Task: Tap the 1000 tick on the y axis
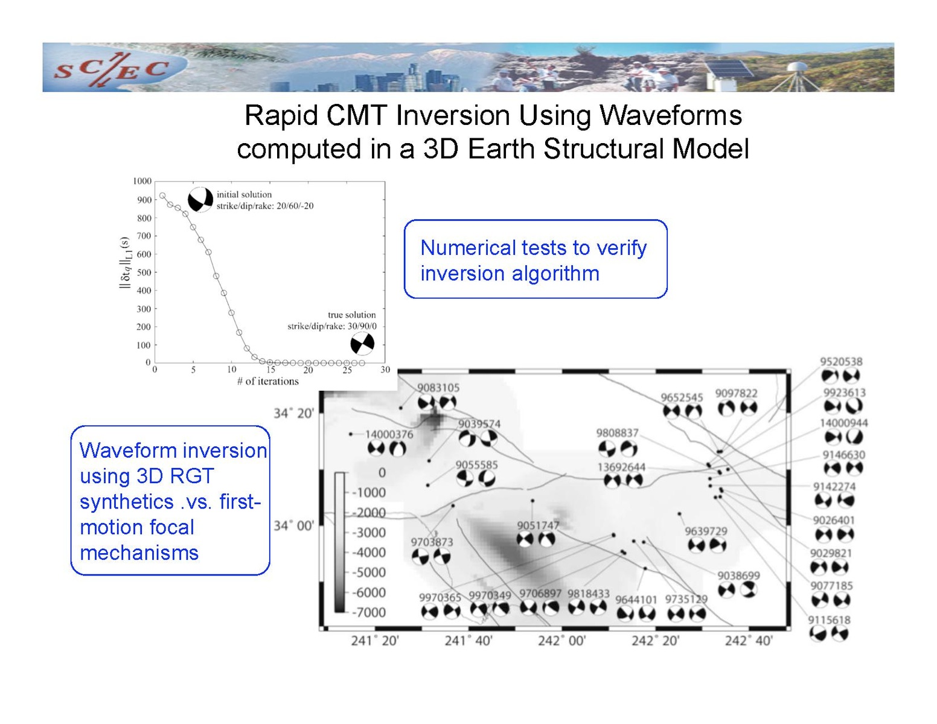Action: coord(142,181)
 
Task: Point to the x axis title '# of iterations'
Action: coord(268,381)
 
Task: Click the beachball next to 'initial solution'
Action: coord(200,200)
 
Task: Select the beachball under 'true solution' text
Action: coord(362,344)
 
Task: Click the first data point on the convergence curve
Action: coord(162,195)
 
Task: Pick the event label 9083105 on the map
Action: coord(438,388)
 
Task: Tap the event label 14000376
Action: coord(389,434)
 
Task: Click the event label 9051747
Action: coord(538,525)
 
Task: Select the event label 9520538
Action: coord(841,361)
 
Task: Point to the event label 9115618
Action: coord(829,620)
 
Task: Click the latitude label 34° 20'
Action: coord(293,414)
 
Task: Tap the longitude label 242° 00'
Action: coord(562,641)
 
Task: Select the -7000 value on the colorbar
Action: coord(369,612)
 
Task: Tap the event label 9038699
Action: coord(738,575)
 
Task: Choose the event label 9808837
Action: coord(617,432)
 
